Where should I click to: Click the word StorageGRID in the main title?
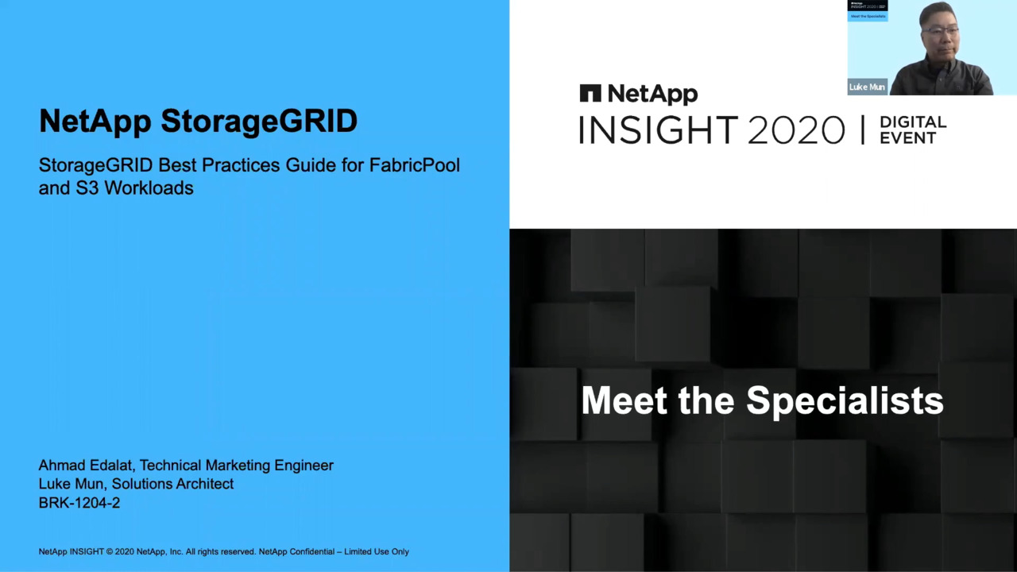259,122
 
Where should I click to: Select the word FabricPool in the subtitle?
415,165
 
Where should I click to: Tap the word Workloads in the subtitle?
149,188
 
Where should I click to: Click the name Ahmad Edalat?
87,466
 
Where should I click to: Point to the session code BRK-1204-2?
79,503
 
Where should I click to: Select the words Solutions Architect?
172,484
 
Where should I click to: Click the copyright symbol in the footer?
110,552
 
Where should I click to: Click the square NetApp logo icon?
590,93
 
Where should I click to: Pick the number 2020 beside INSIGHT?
796,129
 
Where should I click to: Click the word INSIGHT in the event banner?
659,129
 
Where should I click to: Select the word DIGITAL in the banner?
913,122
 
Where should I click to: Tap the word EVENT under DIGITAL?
908,137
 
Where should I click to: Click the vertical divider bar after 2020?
863,129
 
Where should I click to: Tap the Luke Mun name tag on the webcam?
867,87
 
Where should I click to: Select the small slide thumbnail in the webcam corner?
868,10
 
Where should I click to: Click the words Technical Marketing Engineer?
237,466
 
